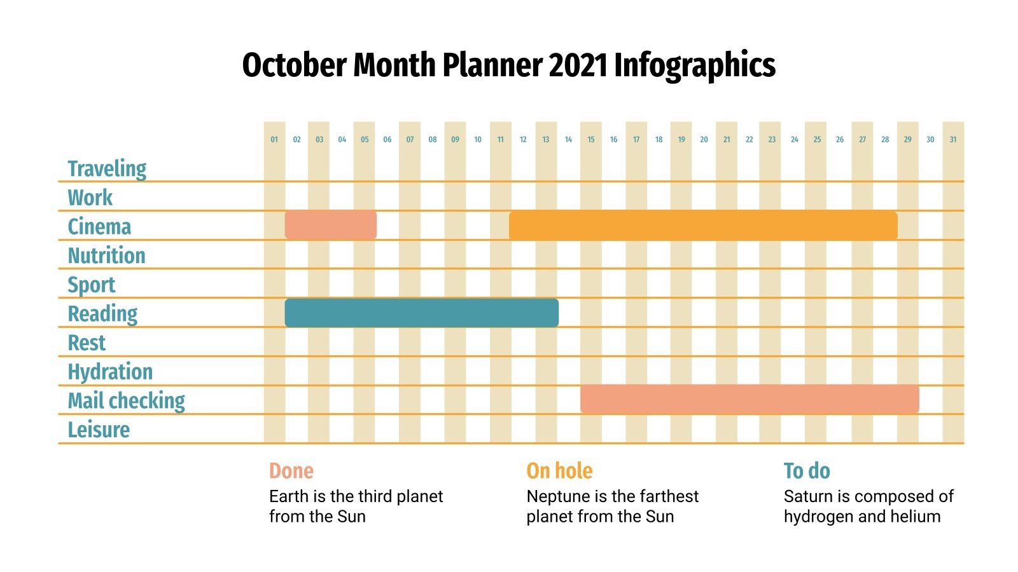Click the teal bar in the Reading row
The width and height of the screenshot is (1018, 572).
point(421,313)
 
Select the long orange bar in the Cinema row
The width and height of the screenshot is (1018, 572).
point(703,226)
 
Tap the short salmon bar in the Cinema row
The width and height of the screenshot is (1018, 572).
point(330,226)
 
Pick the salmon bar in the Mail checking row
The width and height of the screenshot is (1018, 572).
point(750,399)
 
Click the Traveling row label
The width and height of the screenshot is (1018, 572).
point(107,168)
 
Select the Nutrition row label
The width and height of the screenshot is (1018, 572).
point(106,255)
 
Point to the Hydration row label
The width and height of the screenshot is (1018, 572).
point(110,372)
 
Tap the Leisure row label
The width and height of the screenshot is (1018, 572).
point(99,430)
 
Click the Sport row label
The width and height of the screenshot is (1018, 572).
point(92,285)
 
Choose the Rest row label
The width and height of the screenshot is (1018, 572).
point(87,343)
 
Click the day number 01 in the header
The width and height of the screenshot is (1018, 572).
point(274,140)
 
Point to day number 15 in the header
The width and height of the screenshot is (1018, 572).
point(591,140)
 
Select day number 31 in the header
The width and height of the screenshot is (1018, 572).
point(952,140)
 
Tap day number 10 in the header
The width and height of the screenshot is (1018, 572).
point(478,140)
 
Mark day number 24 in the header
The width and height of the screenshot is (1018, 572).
point(794,140)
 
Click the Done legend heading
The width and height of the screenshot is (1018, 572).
point(291,471)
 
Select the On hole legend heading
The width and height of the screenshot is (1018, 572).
point(559,471)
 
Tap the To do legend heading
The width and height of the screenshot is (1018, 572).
point(807,471)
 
